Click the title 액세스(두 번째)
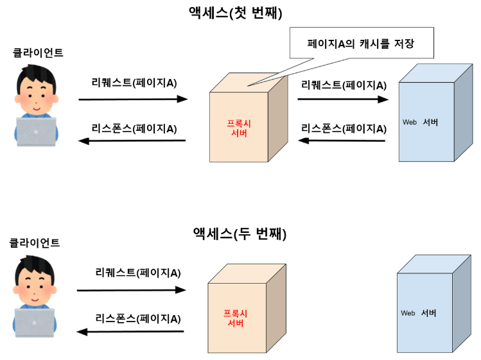(240, 234)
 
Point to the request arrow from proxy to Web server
(343, 99)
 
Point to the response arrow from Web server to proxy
(343, 141)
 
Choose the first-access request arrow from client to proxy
(133, 99)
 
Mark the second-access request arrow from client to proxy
(131, 290)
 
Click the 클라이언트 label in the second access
(35, 243)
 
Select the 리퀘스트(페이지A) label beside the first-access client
(134, 83)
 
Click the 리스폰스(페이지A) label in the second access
(138, 318)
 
